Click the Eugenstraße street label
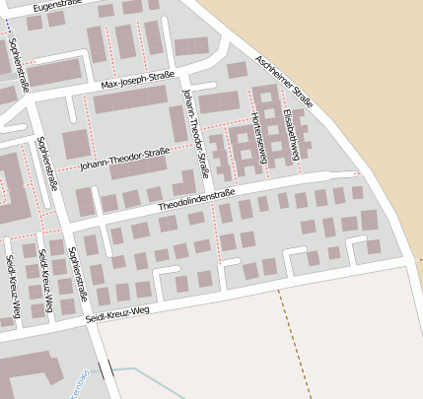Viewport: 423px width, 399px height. [55, 6]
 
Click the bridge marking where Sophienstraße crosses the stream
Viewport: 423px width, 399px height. [105, 371]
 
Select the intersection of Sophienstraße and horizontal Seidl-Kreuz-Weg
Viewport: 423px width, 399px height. [90, 320]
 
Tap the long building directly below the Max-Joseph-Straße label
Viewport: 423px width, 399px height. [137, 100]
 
